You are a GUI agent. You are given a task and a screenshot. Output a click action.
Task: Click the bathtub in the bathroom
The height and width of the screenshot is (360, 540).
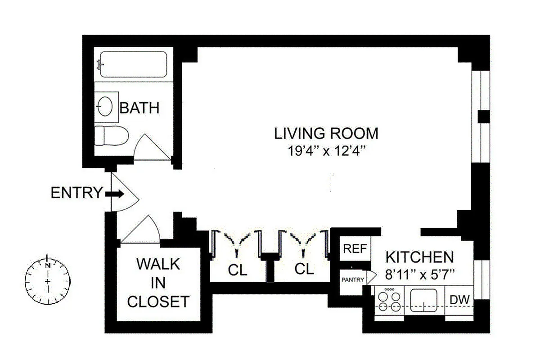[x=133, y=64]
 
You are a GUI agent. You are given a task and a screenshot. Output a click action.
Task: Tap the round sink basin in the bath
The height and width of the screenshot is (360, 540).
[x=105, y=107]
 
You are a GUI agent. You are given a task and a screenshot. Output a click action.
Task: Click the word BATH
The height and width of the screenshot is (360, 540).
[x=139, y=108]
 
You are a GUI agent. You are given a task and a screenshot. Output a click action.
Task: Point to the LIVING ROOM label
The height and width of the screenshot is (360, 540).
[x=326, y=134]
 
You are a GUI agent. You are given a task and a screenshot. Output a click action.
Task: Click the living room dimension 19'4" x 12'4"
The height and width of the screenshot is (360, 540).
[x=326, y=150]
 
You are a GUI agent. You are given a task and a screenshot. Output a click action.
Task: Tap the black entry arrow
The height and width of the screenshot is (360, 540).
[x=115, y=194]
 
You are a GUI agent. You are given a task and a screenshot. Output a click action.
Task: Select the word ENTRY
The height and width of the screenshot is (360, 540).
[x=76, y=193]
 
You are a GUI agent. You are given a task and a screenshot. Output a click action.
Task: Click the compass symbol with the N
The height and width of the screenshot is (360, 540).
[x=48, y=282]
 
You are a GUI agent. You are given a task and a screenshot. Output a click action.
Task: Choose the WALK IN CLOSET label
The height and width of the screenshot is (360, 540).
[x=157, y=283]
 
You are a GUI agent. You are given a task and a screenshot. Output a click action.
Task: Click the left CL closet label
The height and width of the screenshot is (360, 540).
[x=237, y=270]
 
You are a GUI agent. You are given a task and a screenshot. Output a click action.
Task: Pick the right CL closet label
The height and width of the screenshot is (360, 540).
[x=304, y=269]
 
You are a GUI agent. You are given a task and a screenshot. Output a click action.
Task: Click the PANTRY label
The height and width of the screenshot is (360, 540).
[x=352, y=279]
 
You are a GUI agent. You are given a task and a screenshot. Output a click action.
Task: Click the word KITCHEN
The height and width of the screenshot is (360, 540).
[x=419, y=257]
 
